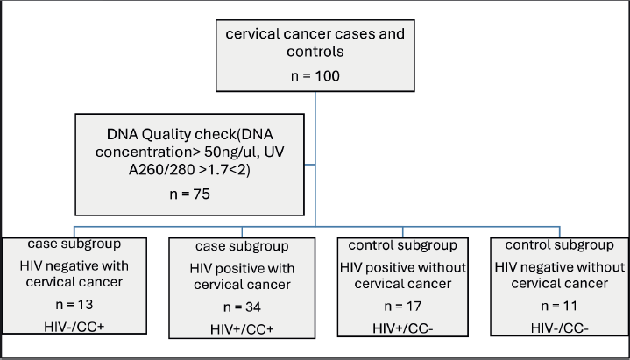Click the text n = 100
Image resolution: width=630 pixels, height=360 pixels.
tap(315, 76)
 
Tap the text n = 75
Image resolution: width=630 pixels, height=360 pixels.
tap(189, 194)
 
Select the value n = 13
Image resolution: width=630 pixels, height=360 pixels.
tap(74, 305)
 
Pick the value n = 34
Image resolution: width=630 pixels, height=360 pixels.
tap(242, 307)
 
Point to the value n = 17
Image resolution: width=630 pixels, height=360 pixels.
tap(402, 307)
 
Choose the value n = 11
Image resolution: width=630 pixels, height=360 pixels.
tap(559, 306)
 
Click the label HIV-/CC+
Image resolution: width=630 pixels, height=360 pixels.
tap(74, 327)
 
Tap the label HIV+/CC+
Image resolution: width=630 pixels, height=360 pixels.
tap(242, 329)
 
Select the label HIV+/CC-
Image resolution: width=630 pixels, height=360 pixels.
tap(402, 328)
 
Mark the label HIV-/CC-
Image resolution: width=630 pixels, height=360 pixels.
tap(559, 328)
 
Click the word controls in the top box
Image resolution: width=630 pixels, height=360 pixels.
tap(315, 52)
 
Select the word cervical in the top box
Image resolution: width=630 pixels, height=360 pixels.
tap(251, 34)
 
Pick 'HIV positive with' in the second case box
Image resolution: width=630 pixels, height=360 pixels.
tap(242, 268)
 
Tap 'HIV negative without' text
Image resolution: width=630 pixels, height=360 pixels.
tap(559, 267)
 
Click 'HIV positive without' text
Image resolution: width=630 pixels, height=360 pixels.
tap(402, 267)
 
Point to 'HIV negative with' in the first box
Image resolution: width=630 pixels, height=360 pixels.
tap(74, 265)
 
